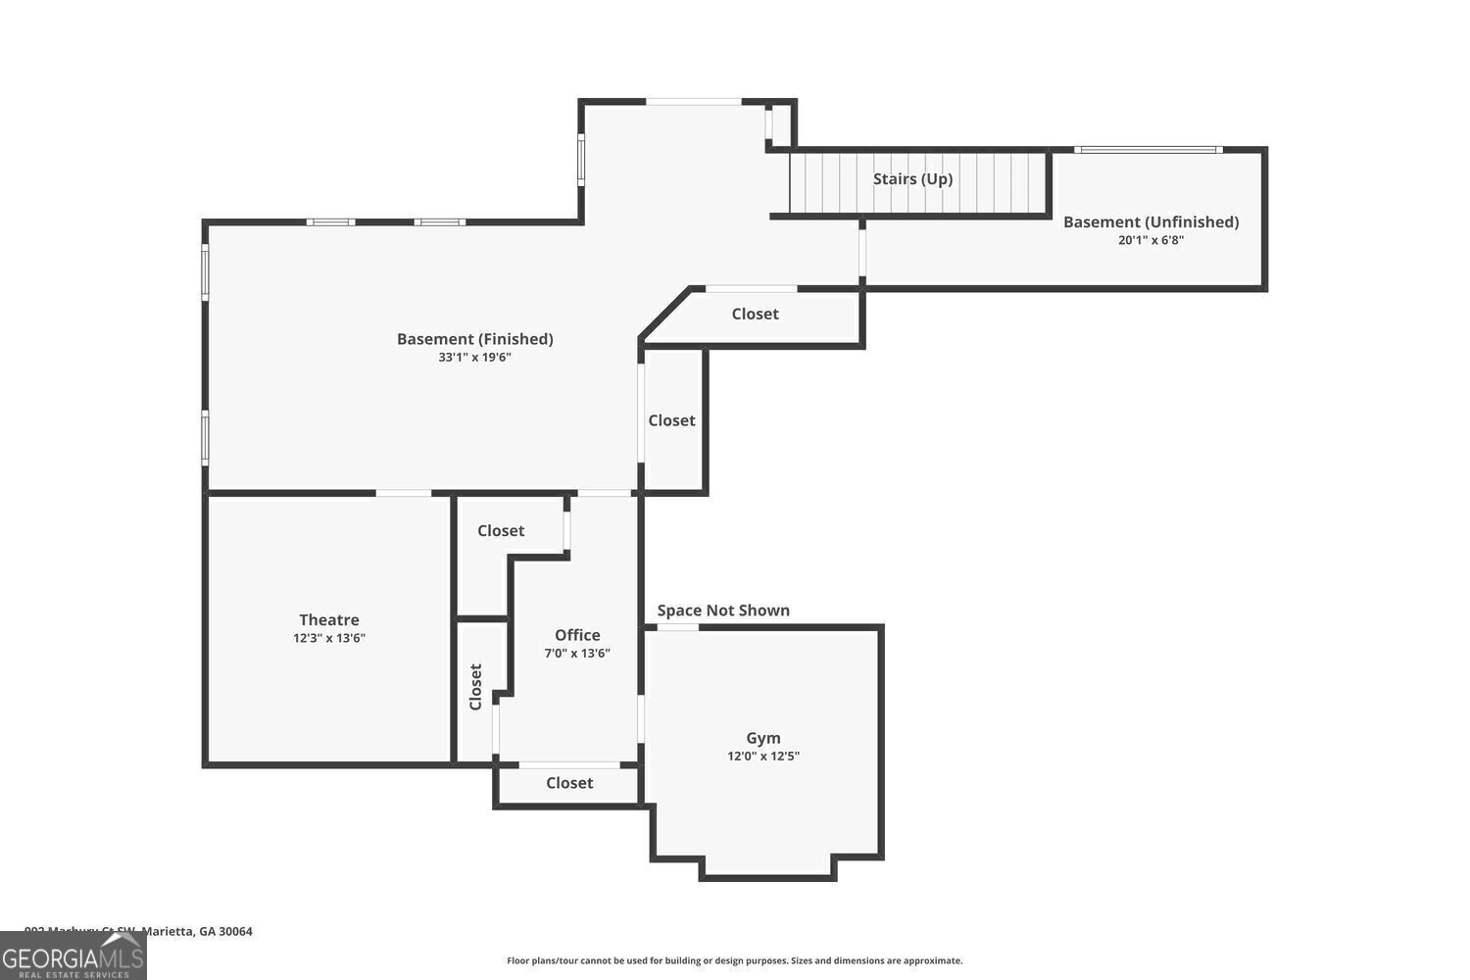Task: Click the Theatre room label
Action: tap(329, 619)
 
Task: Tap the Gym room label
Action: tap(763, 738)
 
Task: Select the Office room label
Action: tap(577, 635)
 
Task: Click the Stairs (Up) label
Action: tap(912, 178)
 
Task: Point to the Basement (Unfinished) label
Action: tap(1151, 221)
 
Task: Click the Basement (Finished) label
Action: tap(474, 339)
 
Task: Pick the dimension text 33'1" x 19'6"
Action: tap(474, 358)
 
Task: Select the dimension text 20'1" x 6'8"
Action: tap(1151, 240)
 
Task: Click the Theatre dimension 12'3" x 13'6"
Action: tap(329, 638)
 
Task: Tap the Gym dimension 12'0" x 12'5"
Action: tap(763, 757)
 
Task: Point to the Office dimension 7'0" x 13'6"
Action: tap(577, 654)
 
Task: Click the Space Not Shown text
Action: tap(723, 611)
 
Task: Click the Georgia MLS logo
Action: tap(73, 955)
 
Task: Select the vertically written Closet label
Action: tap(476, 686)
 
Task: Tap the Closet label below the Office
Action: tap(569, 783)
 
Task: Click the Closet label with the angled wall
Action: tap(755, 314)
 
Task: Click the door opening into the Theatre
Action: tap(403, 493)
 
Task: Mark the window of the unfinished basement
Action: tap(1148, 150)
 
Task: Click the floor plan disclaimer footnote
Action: tap(734, 960)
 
